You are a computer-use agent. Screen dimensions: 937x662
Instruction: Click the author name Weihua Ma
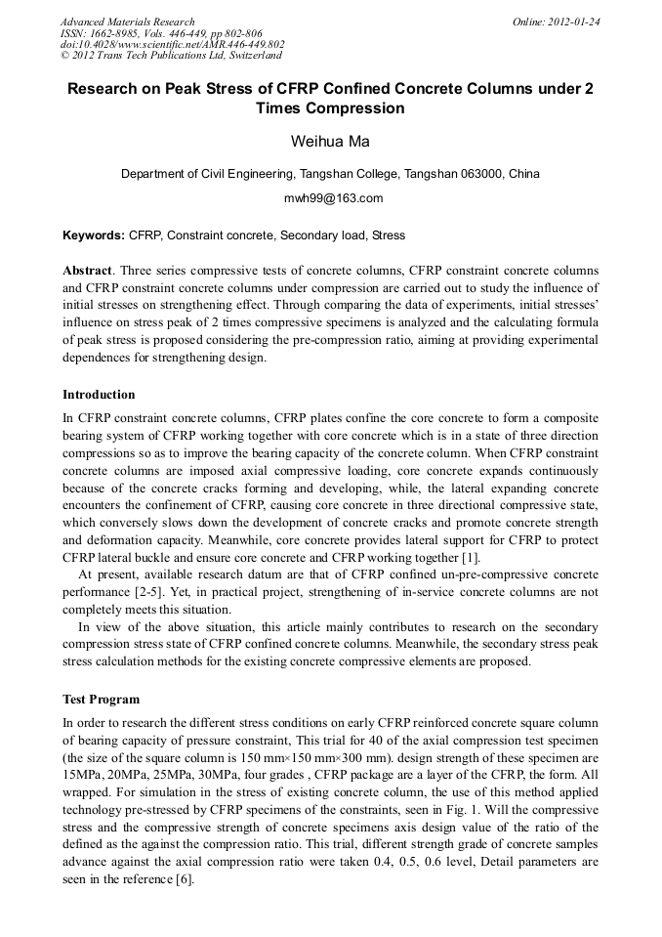tap(330, 142)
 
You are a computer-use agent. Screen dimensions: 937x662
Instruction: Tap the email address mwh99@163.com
tap(330, 198)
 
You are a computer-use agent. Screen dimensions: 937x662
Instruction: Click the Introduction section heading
tap(99, 395)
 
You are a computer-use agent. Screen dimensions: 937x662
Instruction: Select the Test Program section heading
tap(101, 700)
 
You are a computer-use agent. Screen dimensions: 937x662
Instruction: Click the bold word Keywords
tap(93, 235)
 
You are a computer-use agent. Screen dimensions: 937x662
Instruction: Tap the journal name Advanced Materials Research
tap(127, 21)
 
